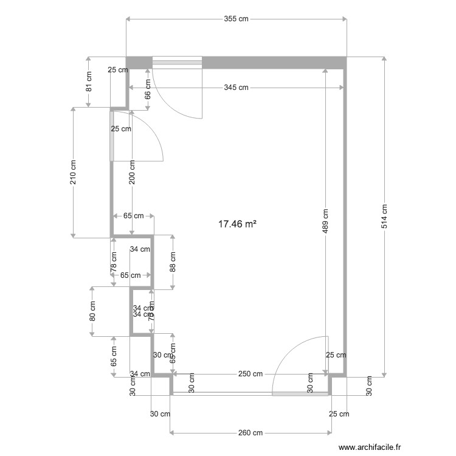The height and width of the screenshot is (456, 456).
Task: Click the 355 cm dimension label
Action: [x=236, y=19]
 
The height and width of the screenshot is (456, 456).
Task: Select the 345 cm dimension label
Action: [x=236, y=88]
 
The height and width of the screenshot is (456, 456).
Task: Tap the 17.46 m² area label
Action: [x=237, y=224]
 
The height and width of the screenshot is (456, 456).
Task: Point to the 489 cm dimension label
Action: [x=325, y=221]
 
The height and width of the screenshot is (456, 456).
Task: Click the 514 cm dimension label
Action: [x=384, y=216]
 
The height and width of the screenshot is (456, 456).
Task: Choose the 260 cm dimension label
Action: [x=250, y=433]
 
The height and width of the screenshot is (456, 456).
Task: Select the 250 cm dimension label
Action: [x=250, y=374]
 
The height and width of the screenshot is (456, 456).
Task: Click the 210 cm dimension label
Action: [x=73, y=172]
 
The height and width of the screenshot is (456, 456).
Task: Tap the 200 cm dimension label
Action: [x=132, y=172]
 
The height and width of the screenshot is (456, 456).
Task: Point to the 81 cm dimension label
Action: [x=88, y=82]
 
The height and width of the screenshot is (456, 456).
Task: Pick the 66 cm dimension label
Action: [x=148, y=89]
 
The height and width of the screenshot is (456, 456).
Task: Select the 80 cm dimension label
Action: [x=92, y=311]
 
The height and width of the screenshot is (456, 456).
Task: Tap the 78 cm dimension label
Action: [x=113, y=261]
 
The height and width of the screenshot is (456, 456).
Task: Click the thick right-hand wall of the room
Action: [x=346, y=219]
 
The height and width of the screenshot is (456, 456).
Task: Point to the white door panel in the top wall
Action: [x=176, y=61]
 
